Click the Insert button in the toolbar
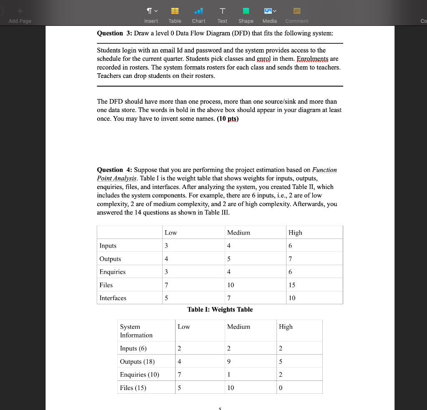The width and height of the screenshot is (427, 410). [x=151, y=15]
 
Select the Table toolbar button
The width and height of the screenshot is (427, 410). [x=175, y=15]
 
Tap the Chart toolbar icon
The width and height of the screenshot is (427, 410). [x=198, y=15]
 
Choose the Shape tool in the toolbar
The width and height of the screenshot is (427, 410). [x=246, y=15]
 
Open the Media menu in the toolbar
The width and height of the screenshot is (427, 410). [x=269, y=15]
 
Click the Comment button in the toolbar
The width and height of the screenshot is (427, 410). [x=297, y=15]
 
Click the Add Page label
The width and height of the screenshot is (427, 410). [x=20, y=21]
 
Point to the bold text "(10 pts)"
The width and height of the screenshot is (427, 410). [x=228, y=119]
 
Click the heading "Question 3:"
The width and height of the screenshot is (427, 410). [x=110, y=33]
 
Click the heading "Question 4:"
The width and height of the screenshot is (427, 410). [x=110, y=170]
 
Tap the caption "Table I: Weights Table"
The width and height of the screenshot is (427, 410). [x=220, y=309]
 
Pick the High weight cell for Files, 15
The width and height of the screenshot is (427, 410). [x=292, y=285]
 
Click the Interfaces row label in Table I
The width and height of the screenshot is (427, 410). [x=113, y=298]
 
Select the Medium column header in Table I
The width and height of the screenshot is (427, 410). [x=239, y=233]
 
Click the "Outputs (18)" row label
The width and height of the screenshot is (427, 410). [x=137, y=361]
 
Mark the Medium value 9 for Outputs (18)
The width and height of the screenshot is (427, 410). [x=229, y=361]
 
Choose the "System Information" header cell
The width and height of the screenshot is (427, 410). [x=136, y=331]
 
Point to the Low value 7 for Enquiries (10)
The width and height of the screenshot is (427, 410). [x=179, y=375]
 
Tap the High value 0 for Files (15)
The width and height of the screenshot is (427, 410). [x=281, y=388]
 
